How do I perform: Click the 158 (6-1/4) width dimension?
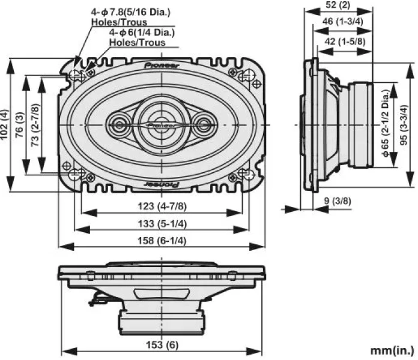click(162, 240)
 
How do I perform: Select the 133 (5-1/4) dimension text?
click(162, 223)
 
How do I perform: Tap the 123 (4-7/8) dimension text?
click(162, 206)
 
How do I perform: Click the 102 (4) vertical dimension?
click(5, 125)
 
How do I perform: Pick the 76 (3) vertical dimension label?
click(20, 125)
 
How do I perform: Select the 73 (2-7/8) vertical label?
click(35, 125)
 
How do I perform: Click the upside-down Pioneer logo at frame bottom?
click(162, 185)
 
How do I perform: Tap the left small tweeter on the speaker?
click(118, 125)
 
